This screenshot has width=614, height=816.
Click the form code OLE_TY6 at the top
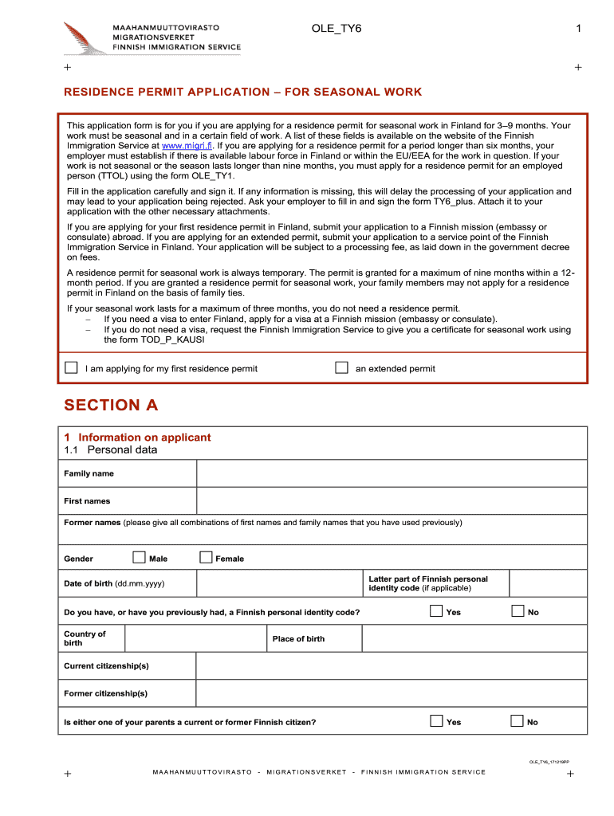coord(336,29)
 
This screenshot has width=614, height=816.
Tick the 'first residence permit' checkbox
coord(71,368)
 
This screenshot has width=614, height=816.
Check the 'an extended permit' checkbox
coord(341,368)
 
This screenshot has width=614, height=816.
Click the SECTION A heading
coord(111,405)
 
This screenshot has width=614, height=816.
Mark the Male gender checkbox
coord(139,558)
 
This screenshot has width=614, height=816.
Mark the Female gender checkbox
coord(206,558)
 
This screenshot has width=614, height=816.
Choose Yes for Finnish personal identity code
coord(436,611)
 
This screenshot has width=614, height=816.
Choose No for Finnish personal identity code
coord(517,611)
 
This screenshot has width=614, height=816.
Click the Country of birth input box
coord(195,639)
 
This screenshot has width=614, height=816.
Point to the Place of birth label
coord(298,639)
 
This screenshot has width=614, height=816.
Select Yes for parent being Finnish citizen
coord(436,721)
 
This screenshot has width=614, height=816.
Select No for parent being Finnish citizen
coord(517,721)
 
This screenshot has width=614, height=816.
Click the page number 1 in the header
coord(580,29)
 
